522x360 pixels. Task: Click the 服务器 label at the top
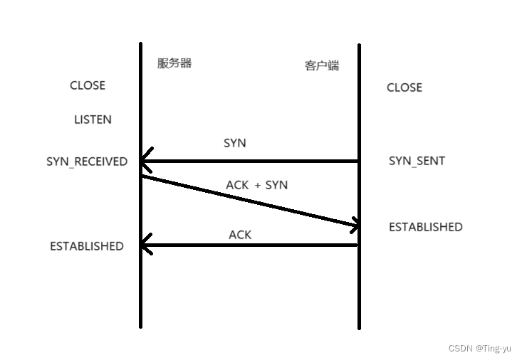tap(174, 63)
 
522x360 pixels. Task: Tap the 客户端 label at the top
tap(322, 66)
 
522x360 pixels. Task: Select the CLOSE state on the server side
tap(88, 85)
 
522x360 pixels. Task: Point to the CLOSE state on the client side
tap(404, 88)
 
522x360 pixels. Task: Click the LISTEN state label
tap(93, 120)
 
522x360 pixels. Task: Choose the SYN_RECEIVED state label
tap(87, 162)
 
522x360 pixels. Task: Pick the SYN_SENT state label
tap(417, 161)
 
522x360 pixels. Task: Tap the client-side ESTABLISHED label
tap(425, 227)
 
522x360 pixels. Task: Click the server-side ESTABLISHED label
tap(87, 246)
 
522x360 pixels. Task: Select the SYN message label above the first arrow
tap(235, 143)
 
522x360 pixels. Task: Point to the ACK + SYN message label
tap(256, 185)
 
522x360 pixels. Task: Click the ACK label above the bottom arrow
tap(240, 235)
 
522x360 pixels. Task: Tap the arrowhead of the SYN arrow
tap(145, 162)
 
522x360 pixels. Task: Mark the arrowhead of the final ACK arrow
tap(145, 245)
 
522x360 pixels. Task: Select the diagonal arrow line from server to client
tap(249, 201)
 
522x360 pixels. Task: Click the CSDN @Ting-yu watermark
tap(480, 348)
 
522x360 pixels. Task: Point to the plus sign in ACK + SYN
tap(257, 185)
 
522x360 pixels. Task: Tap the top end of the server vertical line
tap(140, 45)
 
